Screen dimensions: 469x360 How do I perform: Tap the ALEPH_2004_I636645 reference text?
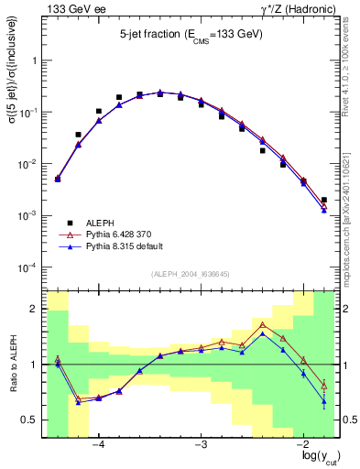coord(191,276)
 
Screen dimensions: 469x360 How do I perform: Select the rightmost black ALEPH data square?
coord(324,200)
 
